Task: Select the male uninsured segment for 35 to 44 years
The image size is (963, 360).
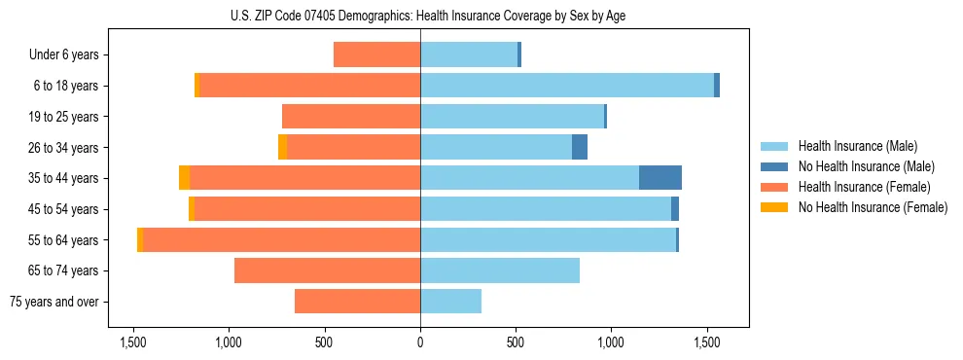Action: coord(660,178)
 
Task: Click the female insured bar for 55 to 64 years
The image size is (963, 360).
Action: coord(282,240)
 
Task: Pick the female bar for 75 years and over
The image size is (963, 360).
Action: coord(357,302)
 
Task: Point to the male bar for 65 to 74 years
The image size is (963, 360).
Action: coord(500,270)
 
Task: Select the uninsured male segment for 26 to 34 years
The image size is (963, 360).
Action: coord(580,147)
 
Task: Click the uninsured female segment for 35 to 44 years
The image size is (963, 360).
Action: coord(185,178)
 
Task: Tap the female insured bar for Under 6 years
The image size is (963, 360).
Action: coord(376,54)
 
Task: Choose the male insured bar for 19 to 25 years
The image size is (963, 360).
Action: coord(512,117)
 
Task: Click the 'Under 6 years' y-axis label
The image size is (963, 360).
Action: coord(63,55)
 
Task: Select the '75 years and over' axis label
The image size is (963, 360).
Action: coord(54,302)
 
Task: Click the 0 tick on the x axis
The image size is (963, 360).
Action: coord(420,342)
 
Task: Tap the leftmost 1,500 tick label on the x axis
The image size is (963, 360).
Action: coord(133,342)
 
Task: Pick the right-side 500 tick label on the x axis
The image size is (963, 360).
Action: coord(516,342)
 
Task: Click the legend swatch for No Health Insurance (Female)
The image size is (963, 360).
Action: coord(774,207)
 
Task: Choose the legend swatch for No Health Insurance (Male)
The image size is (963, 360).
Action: coord(774,166)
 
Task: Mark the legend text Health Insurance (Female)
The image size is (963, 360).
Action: coord(862,187)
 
